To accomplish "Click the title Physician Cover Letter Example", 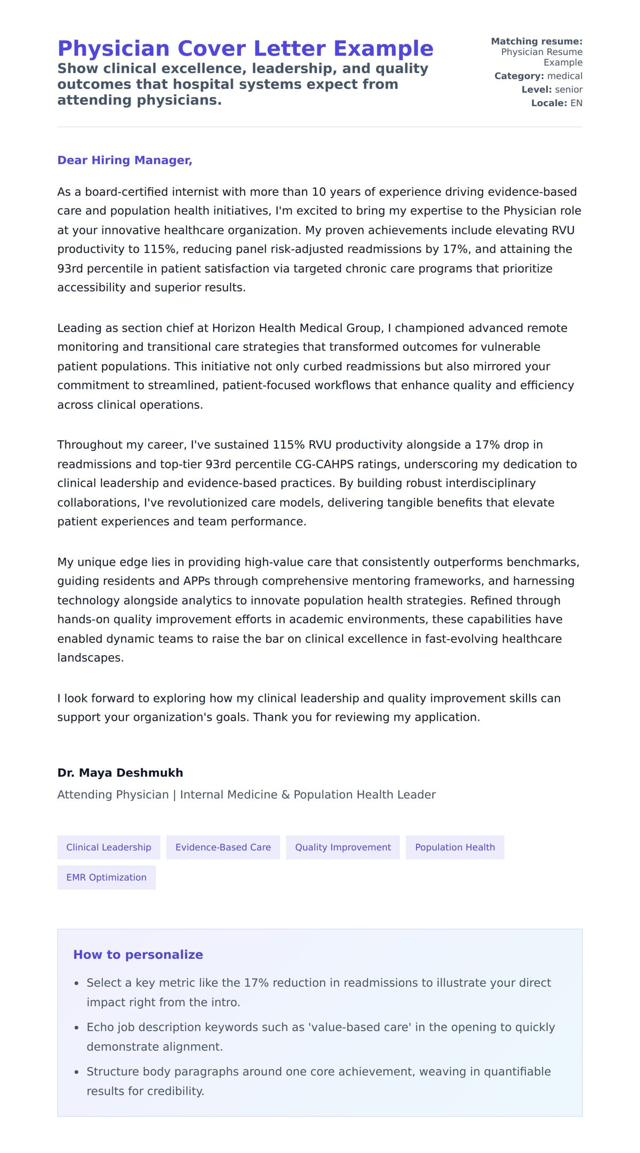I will coord(245,49).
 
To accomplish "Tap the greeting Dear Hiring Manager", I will coord(124,160).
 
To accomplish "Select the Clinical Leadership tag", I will coord(109,847).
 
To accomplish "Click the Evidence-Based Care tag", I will coord(223,847).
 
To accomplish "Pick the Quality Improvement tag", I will coord(343,847).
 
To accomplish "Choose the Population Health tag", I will coord(455,847).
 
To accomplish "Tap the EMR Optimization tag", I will coord(106,877).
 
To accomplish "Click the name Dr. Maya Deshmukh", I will coord(120,772).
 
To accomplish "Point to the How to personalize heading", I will coord(138,954).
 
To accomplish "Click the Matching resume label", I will coord(537,42).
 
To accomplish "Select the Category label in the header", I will coord(519,76).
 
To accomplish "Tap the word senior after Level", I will coord(569,90).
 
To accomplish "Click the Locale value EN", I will coord(577,103).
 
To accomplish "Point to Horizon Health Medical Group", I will coord(297,328).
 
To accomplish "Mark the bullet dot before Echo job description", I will coord(77,1028).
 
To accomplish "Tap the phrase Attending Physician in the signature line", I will coord(113,794).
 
